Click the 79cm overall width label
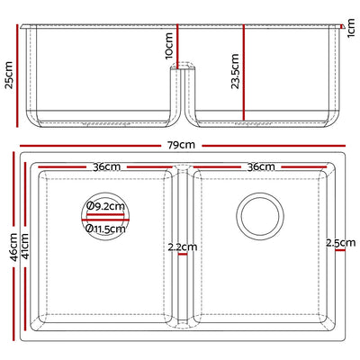180,144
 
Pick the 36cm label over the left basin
106,166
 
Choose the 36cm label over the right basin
260,166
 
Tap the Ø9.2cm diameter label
107,207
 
